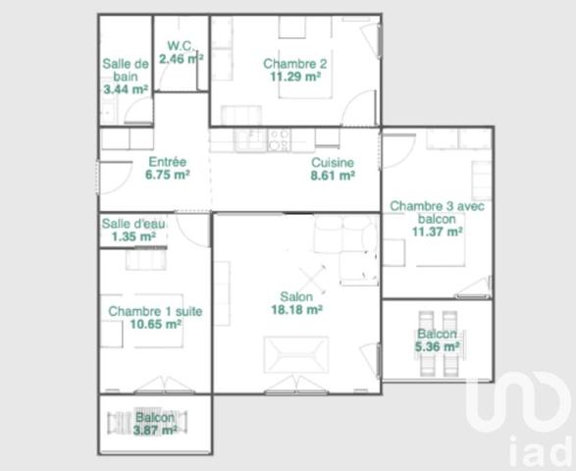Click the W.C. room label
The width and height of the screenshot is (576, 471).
click(179, 45)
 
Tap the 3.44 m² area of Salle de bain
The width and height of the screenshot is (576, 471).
click(126, 89)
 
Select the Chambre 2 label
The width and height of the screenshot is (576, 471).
click(294, 64)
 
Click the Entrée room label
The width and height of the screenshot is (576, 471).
click(166, 162)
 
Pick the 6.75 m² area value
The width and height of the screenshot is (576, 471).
click(167, 175)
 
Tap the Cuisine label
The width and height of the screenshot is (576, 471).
click(333, 162)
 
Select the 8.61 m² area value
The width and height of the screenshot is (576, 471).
click(333, 175)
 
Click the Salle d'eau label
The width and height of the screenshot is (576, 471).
click(133, 224)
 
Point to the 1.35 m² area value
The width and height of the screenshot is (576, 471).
click(133, 236)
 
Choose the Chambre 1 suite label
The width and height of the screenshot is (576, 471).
click(155, 311)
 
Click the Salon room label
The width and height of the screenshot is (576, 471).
click(296, 296)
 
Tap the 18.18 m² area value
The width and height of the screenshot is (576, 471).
click(296, 309)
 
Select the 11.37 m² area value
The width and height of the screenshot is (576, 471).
click(438, 233)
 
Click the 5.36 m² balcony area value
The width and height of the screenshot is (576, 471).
click(438, 346)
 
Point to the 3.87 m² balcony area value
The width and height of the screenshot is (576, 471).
click(156, 430)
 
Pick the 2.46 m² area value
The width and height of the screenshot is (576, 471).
click(181, 59)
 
